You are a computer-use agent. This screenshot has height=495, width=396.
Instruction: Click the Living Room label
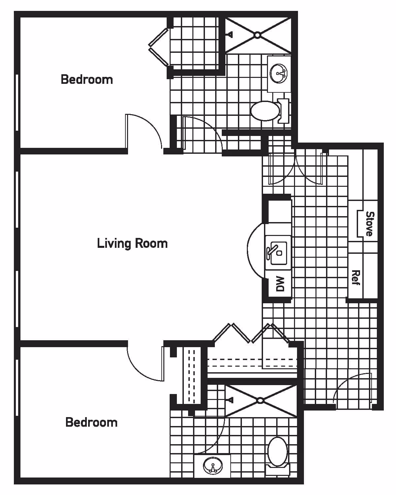(132, 244)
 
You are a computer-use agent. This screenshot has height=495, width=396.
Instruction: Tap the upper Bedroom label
(87, 80)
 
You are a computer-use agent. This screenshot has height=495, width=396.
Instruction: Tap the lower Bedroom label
(91, 422)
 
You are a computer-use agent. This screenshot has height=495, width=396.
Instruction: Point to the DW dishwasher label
(280, 284)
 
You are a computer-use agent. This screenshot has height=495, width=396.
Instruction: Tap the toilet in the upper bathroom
(266, 111)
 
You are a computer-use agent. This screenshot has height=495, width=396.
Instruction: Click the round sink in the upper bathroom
(279, 73)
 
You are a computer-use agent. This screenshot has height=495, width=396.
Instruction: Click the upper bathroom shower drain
(257, 35)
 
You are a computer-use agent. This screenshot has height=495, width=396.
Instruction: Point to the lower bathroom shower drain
(260, 400)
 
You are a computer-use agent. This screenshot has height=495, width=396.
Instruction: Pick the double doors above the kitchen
(296, 168)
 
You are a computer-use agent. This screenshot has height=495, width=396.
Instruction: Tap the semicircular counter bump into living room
(254, 251)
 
